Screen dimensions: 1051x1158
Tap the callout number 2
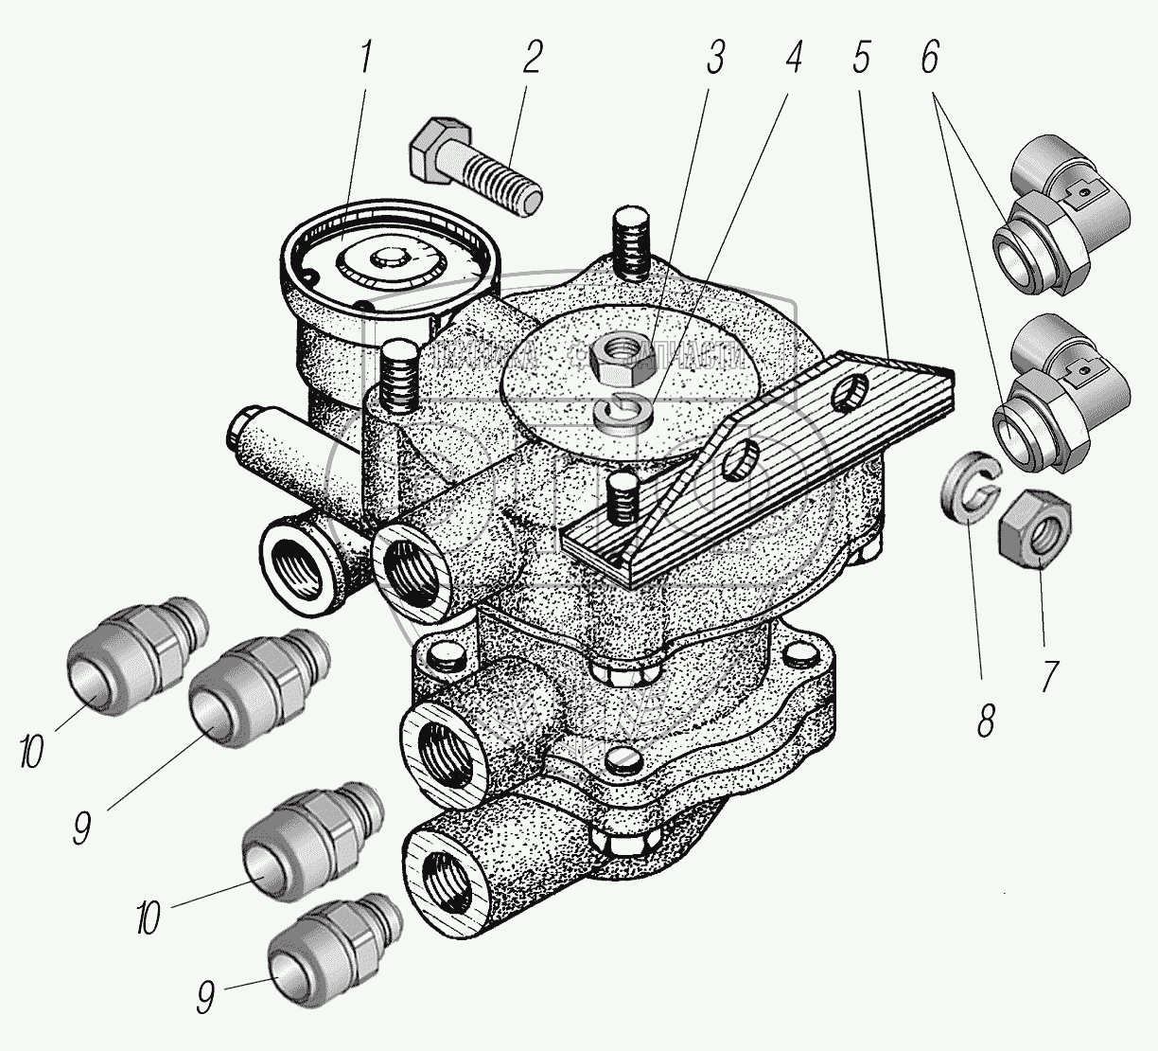click(x=531, y=60)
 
